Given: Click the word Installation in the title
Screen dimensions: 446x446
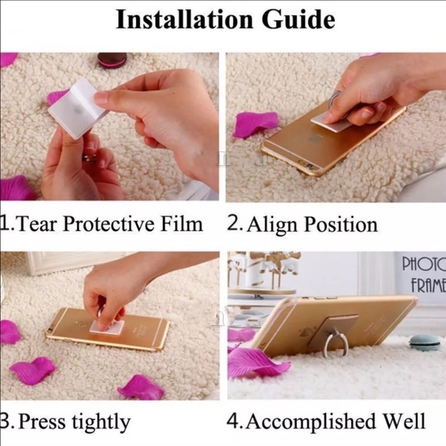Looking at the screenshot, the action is click(185, 19).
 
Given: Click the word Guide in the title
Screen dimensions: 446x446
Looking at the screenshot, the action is click(298, 19).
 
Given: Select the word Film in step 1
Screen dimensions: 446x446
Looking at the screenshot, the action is click(181, 224).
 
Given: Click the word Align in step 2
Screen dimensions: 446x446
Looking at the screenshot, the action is click(271, 225).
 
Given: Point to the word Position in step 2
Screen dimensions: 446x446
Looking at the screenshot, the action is click(341, 224).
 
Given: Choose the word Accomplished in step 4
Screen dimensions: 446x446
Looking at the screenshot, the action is click(311, 421).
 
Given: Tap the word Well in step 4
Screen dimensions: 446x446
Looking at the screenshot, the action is click(404, 421).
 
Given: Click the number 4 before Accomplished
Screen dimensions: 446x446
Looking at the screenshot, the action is click(233, 421).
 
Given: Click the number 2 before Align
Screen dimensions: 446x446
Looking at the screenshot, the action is click(234, 224).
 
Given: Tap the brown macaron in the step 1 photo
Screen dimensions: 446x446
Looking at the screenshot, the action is click(111, 60).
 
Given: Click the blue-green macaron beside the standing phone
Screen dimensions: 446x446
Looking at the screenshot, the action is click(424, 342).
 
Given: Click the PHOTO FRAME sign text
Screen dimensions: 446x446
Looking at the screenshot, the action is click(424, 275).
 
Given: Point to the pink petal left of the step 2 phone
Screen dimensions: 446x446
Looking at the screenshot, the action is click(255, 125).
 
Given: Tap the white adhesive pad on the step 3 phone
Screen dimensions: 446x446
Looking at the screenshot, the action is click(108, 327).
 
